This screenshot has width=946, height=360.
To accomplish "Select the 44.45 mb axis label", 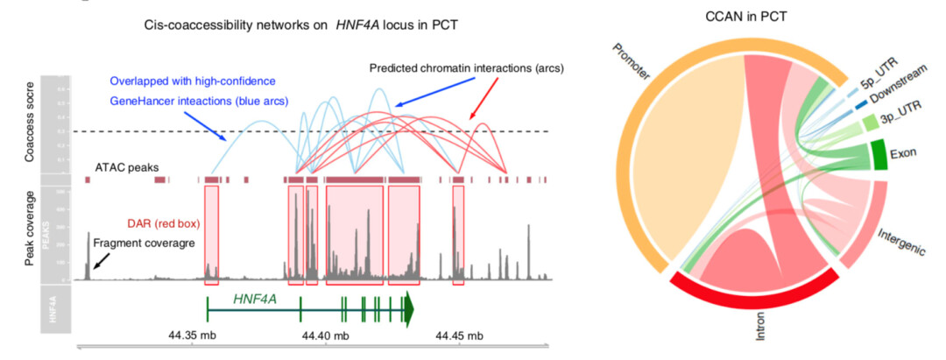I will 460,335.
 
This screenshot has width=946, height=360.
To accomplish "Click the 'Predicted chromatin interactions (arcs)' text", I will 466,67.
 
